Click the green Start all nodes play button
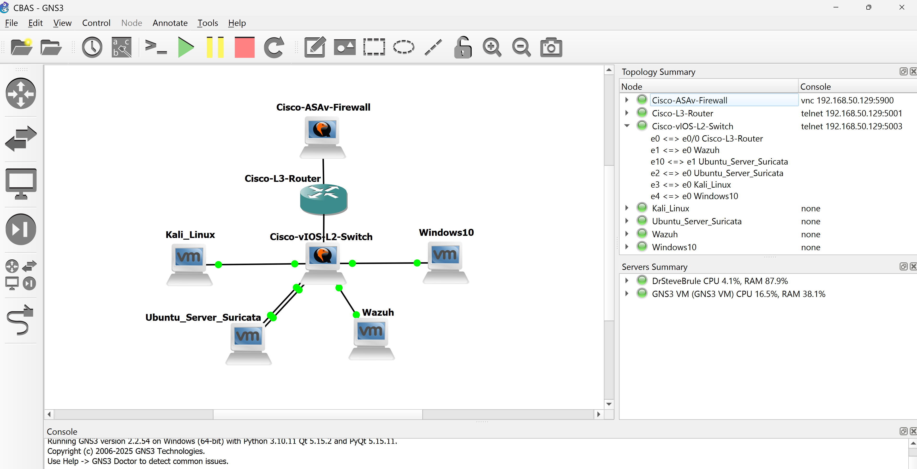point(185,47)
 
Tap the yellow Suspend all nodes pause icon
point(215,47)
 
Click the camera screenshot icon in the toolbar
point(551,47)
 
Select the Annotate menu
point(170,23)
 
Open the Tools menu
point(208,23)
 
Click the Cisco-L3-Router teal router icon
point(323,199)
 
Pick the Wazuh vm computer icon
point(371,338)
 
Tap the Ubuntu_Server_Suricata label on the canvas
point(203,317)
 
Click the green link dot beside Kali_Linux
point(219,264)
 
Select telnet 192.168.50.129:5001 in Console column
point(851,113)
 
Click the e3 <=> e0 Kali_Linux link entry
point(690,185)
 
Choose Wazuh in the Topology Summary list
point(665,234)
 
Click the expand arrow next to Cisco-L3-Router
point(627,113)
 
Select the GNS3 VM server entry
point(738,294)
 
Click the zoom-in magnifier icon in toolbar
point(492,47)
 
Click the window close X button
point(901,7)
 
